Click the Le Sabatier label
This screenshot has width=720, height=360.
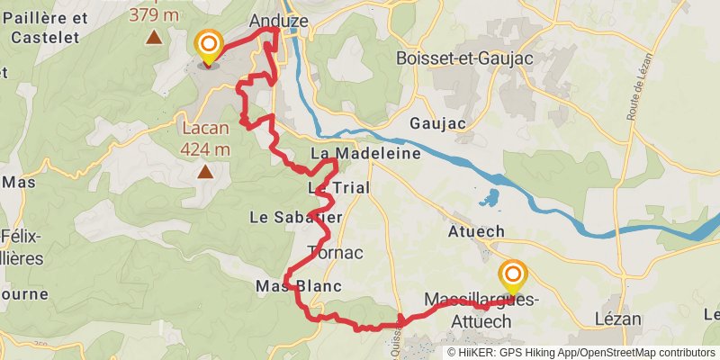(x=296, y=217)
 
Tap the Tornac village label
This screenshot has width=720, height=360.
(x=335, y=253)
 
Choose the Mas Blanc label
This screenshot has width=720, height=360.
(x=297, y=286)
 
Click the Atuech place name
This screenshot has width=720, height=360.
(x=476, y=231)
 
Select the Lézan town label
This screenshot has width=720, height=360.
(x=617, y=319)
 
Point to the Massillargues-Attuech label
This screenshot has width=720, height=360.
(x=481, y=310)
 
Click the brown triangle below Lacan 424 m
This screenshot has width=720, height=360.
(x=205, y=170)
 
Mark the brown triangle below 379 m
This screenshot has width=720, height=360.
(x=155, y=37)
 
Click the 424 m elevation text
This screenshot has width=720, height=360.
(x=205, y=149)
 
